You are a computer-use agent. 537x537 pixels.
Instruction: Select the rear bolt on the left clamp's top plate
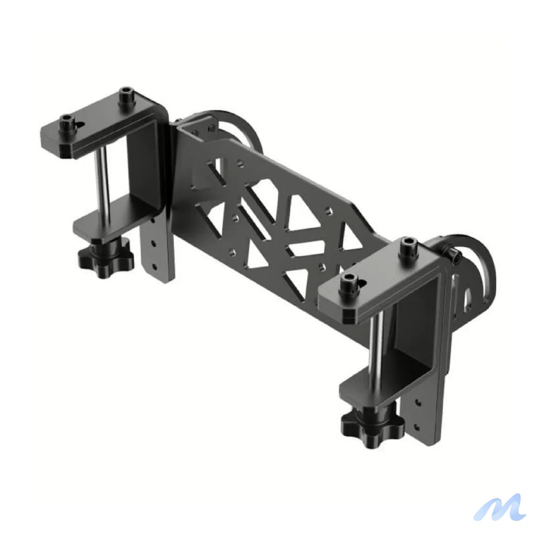pos(126,97)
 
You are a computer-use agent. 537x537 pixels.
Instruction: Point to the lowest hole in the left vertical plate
pos(153,266)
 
